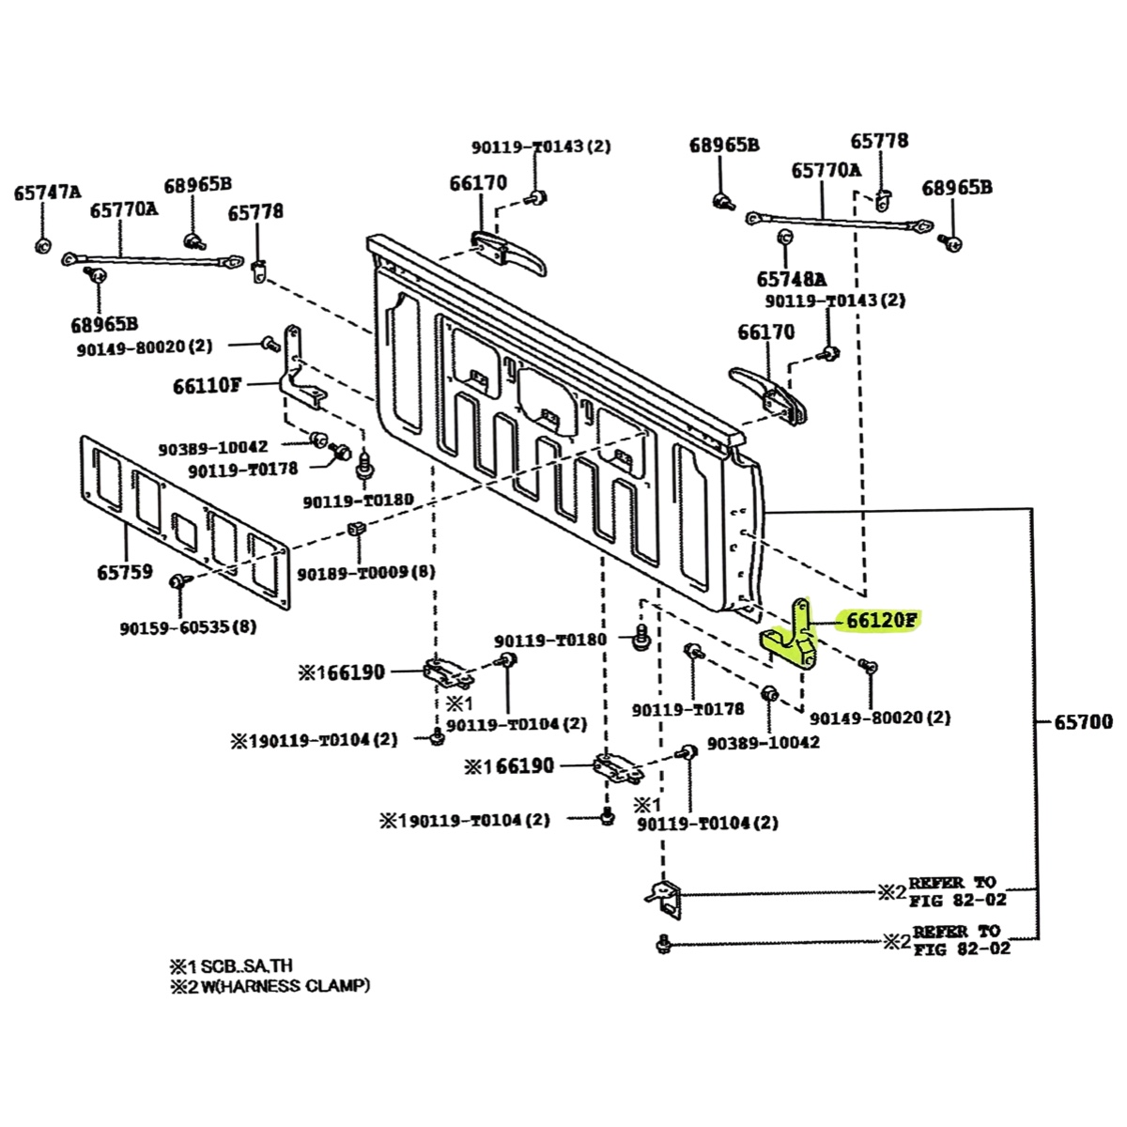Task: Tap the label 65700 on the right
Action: point(1084,721)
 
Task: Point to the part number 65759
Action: point(125,571)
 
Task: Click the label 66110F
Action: point(207,386)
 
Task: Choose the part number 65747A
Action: point(48,193)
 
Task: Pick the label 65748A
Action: point(792,279)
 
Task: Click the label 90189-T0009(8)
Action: point(366,572)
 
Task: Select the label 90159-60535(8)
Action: point(189,627)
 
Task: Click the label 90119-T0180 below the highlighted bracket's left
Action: point(550,640)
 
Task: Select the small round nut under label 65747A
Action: point(42,245)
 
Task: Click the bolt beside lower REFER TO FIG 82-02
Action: point(663,942)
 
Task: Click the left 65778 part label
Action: point(255,211)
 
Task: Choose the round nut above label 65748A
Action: point(785,238)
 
